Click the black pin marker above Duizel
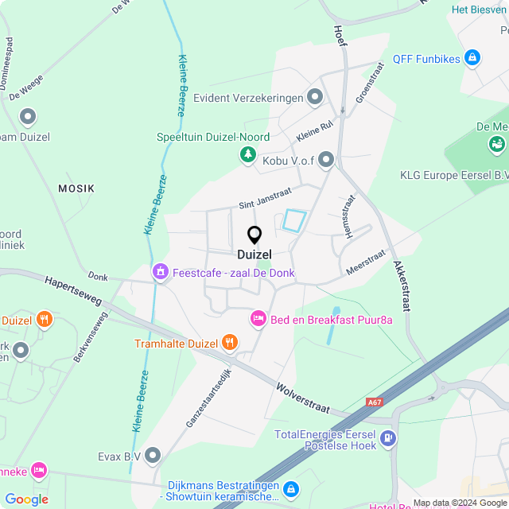pyautogui.click(x=254, y=235)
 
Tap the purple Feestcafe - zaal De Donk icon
pyautogui.click(x=161, y=273)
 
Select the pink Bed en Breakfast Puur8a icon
pyautogui.click(x=258, y=319)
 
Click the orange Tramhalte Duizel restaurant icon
pyautogui.click(x=230, y=343)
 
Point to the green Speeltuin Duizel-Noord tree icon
pyautogui.click(x=248, y=153)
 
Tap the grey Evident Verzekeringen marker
pyautogui.click(x=316, y=98)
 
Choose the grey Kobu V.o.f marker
pyautogui.click(x=326, y=161)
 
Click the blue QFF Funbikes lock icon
pyautogui.click(x=472, y=58)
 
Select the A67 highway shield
pyautogui.click(x=375, y=403)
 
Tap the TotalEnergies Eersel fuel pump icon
pyautogui.click(x=387, y=437)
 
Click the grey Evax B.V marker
pyautogui.click(x=153, y=456)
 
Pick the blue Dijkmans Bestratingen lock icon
pyautogui.click(x=291, y=488)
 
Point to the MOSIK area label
pyautogui.click(x=76, y=188)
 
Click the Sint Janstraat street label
pyautogui.click(x=266, y=198)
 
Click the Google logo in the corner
pyautogui.click(x=26, y=499)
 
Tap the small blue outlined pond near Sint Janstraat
pyautogui.click(x=294, y=220)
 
